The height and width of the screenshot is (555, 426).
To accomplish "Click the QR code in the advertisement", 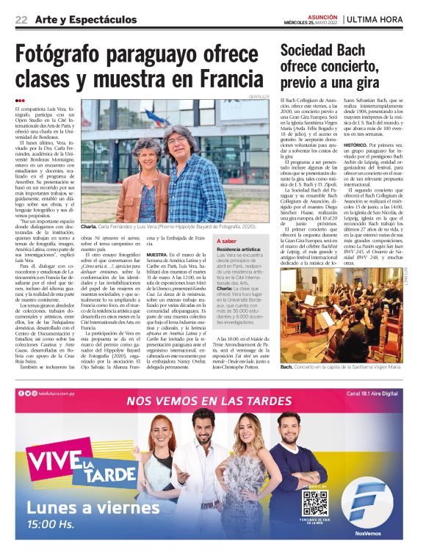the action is coord(314,503).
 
